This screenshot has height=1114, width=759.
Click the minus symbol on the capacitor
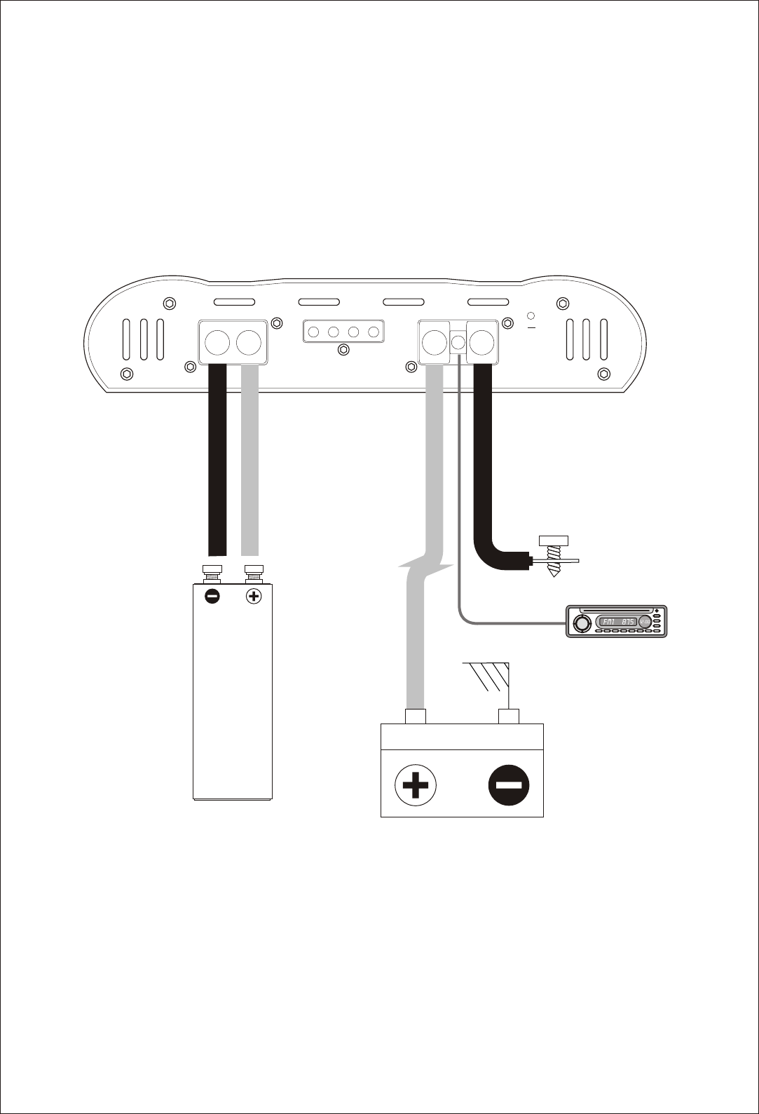tap(212, 597)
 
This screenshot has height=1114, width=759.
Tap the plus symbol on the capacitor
tap(254, 597)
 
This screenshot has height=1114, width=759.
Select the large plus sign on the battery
tap(415, 784)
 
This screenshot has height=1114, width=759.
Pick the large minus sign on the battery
tap(510, 784)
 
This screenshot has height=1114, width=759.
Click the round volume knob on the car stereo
tap(581, 623)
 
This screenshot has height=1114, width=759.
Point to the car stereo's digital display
tap(617, 622)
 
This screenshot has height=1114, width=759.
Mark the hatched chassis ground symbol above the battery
tap(488, 676)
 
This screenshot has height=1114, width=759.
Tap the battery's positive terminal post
tap(416, 716)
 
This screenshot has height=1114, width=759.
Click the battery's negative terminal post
tap(508, 716)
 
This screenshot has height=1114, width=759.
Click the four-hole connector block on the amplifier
tap(343, 332)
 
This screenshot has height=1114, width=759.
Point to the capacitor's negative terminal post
tap(212, 573)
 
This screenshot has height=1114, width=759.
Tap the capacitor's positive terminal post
tap(254, 573)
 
